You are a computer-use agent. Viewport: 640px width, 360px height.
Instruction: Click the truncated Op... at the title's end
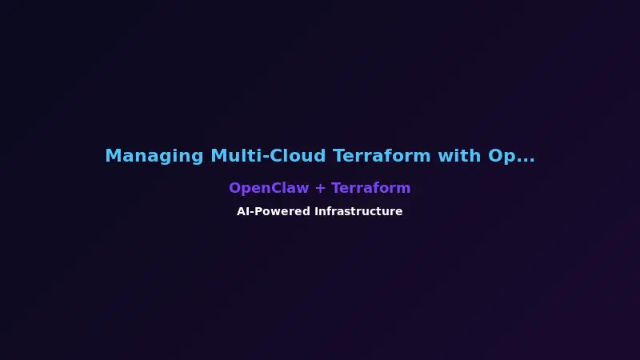pos(511,156)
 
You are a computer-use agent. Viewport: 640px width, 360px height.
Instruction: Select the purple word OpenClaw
pos(269,188)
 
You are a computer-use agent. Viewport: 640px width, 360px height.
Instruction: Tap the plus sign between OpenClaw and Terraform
pos(320,189)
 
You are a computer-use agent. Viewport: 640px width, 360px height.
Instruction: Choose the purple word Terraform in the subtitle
pos(371,188)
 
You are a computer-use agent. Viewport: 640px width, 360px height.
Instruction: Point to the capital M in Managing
pos(113,156)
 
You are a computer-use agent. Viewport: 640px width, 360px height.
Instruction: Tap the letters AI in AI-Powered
pos(242,212)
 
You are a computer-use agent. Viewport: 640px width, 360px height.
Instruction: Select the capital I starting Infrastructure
pos(316,212)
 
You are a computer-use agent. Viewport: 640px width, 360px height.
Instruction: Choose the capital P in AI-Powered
pos(258,212)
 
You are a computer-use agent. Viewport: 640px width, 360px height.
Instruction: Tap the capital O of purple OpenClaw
pos(234,188)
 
